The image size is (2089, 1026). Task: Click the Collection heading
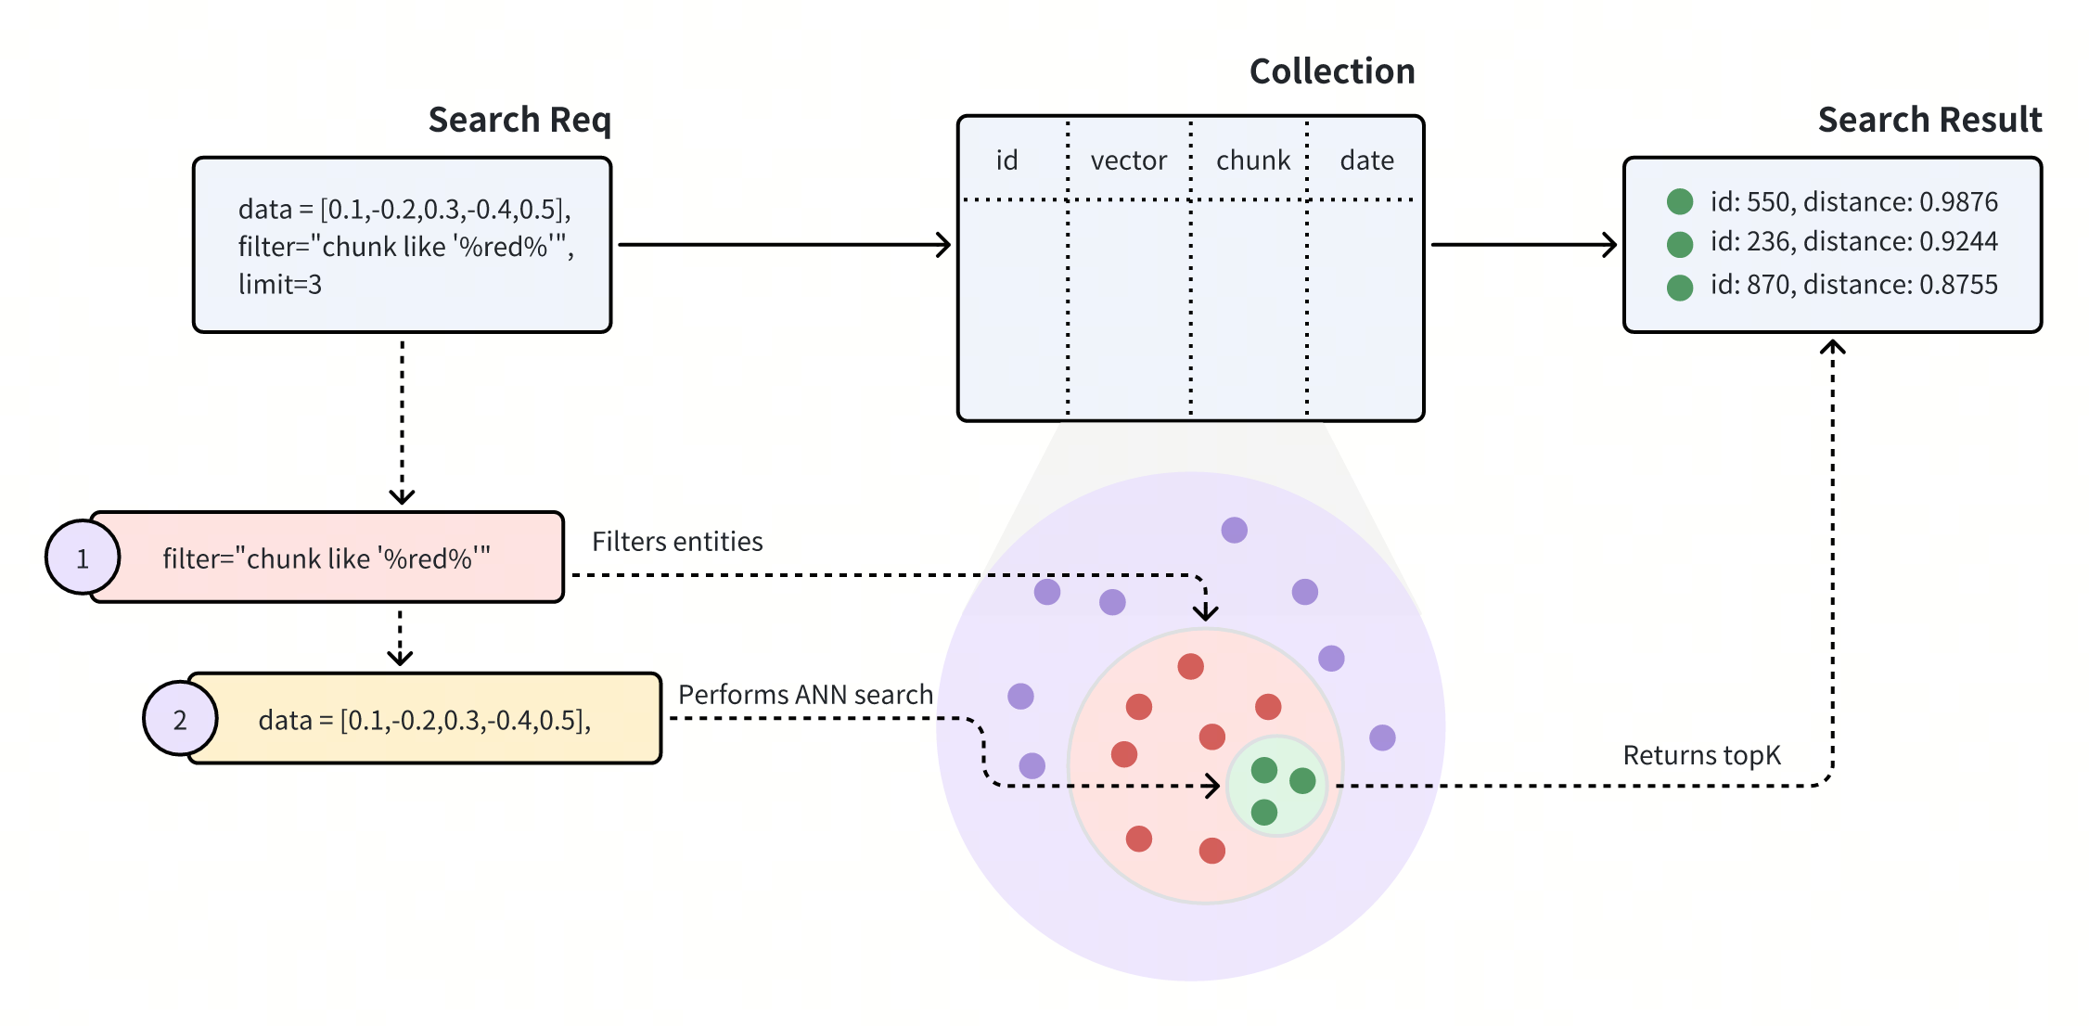tap(1332, 71)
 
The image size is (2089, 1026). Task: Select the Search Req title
tap(519, 120)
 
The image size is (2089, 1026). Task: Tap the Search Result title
tap(1929, 120)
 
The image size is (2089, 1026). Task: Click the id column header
tap(1006, 160)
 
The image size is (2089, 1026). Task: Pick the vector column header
tap(1128, 160)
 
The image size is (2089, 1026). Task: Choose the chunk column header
tap(1252, 160)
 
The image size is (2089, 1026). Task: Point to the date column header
tap(1366, 160)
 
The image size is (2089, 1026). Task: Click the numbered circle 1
tap(83, 558)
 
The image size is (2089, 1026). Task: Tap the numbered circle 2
tap(180, 719)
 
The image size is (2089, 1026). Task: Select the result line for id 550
tap(1853, 201)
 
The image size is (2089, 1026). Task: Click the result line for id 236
tap(1853, 242)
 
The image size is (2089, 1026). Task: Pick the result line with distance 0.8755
tap(1853, 285)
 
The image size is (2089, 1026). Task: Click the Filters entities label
tap(677, 542)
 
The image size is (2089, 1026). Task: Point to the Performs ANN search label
tap(805, 695)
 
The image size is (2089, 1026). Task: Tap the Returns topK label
tap(1701, 755)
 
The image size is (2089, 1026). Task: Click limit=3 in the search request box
tap(280, 285)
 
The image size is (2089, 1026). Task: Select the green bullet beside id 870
tap(1680, 288)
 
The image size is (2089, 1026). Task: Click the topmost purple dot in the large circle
tap(1234, 530)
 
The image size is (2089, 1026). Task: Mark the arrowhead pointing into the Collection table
tap(944, 245)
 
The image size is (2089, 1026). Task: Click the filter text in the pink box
tap(327, 558)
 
